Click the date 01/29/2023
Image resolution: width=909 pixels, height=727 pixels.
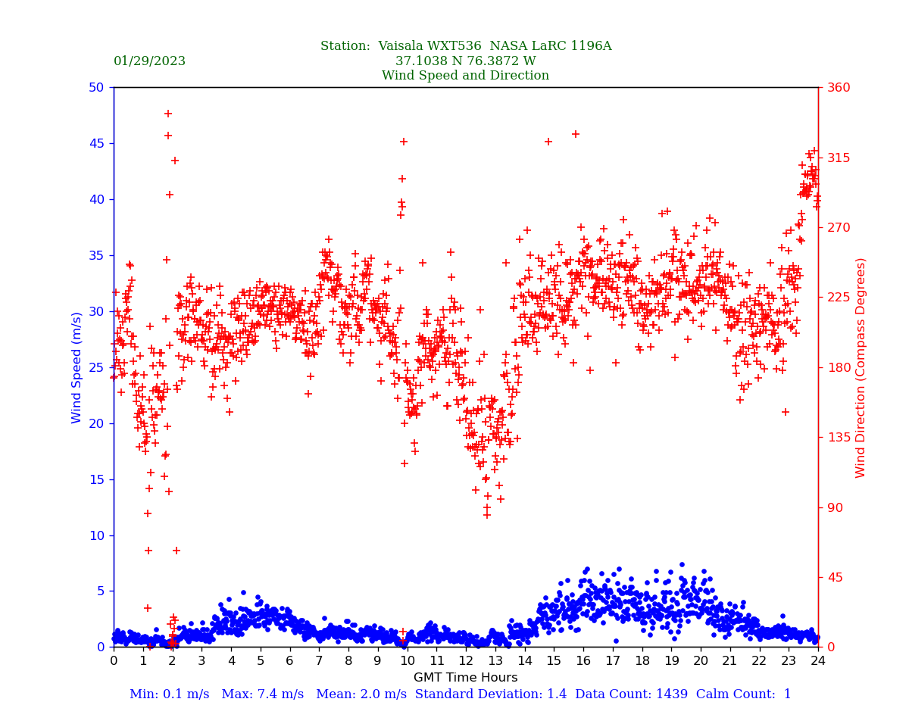click(149, 61)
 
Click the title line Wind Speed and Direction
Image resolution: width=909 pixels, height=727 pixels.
click(465, 76)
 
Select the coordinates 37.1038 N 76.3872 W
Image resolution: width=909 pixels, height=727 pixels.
click(465, 61)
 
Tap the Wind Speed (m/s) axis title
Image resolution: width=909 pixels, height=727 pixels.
click(77, 367)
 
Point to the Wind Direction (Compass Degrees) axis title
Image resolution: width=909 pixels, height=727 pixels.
click(861, 367)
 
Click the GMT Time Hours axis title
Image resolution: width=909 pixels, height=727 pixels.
click(465, 678)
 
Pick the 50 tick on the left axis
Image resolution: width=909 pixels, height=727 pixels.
click(95, 87)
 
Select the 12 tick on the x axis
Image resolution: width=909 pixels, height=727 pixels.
click(465, 661)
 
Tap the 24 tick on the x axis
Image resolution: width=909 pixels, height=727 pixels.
click(818, 661)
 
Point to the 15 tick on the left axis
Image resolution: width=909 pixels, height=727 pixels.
click(95, 479)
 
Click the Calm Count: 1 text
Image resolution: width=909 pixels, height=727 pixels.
click(744, 694)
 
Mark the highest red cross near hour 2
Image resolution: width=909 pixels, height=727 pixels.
click(168, 114)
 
